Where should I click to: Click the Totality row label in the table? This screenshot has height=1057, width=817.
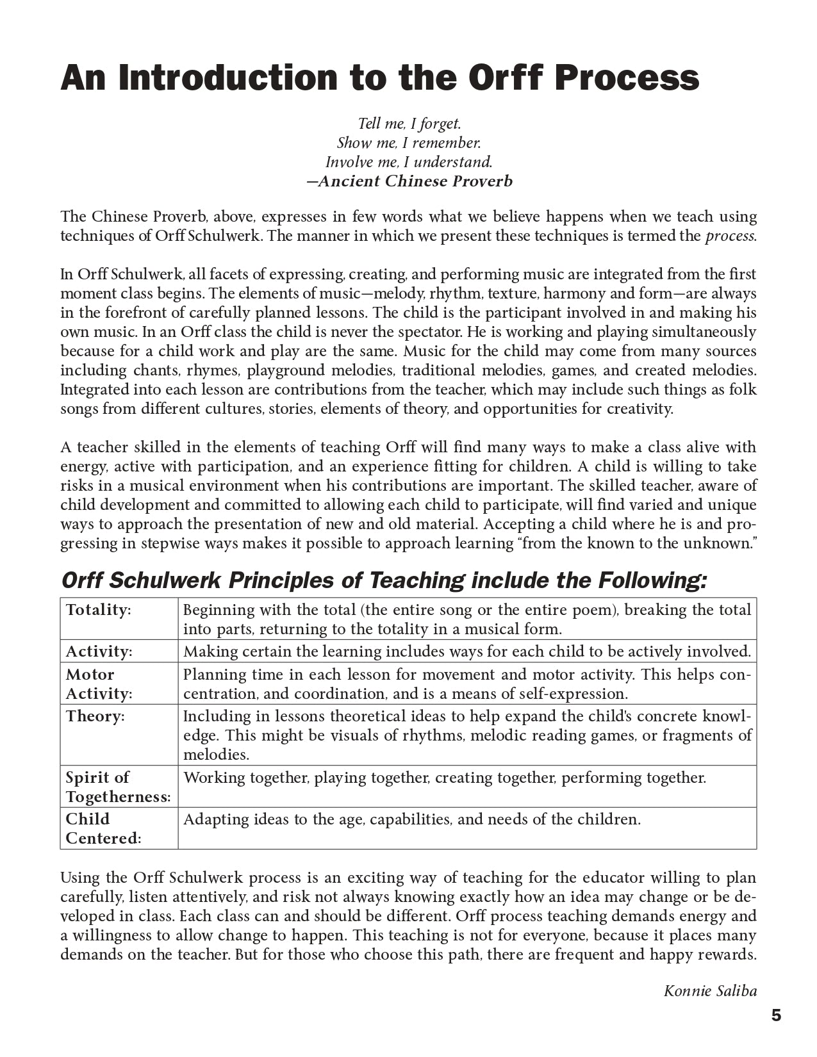click(98, 610)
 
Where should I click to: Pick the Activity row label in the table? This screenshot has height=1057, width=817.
click(99, 651)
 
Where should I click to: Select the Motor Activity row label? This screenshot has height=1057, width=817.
click(99, 684)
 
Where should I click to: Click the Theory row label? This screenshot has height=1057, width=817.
click(95, 716)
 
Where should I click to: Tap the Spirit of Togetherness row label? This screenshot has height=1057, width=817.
click(118, 787)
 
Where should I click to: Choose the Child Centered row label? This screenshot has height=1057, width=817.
click(103, 828)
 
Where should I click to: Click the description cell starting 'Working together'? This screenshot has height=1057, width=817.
click(444, 778)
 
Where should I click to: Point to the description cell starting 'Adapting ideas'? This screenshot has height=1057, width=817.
click(411, 819)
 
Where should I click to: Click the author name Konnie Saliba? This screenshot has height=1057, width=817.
click(710, 991)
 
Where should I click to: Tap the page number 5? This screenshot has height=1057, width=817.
click(776, 1015)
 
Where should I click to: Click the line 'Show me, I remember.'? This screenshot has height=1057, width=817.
click(409, 143)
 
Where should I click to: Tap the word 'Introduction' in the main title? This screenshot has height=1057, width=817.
click(228, 78)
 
